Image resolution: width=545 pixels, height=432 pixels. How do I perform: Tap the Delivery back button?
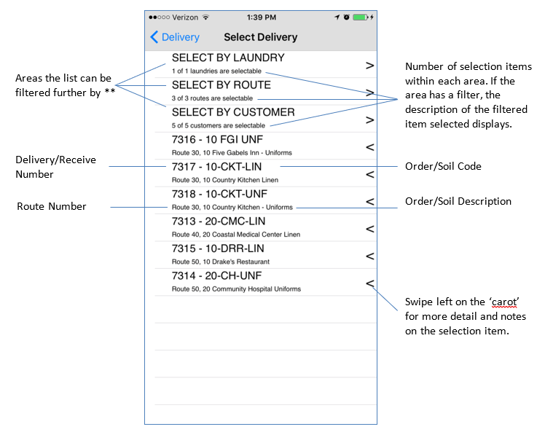(x=174, y=37)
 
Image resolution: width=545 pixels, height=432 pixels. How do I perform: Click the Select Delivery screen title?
(x=260, y=37)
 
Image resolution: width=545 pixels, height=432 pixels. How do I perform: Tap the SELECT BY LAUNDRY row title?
(x=228, y=58)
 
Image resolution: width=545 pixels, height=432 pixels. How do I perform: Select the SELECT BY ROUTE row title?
(x=221, y=85)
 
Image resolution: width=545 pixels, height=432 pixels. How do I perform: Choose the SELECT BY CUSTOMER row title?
(x=233, y=113)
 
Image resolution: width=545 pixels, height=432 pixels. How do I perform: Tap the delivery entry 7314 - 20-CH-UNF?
(x=217, y=276)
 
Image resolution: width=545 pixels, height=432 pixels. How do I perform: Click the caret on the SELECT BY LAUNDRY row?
(x=369, y=66)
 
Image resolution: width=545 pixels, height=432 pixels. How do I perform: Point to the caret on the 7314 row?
(x=369, y=283)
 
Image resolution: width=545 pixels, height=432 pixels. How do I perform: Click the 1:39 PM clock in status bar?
(x=261, y=17)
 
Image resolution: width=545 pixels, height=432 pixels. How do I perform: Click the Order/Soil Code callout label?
(x=443, y=166)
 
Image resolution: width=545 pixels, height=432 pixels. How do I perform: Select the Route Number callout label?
(x=51, y=207)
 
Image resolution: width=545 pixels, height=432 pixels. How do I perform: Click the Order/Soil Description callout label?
(x=458, y=201)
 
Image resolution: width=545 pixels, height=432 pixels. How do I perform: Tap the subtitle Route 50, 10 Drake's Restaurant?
(x=221, y=262)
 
